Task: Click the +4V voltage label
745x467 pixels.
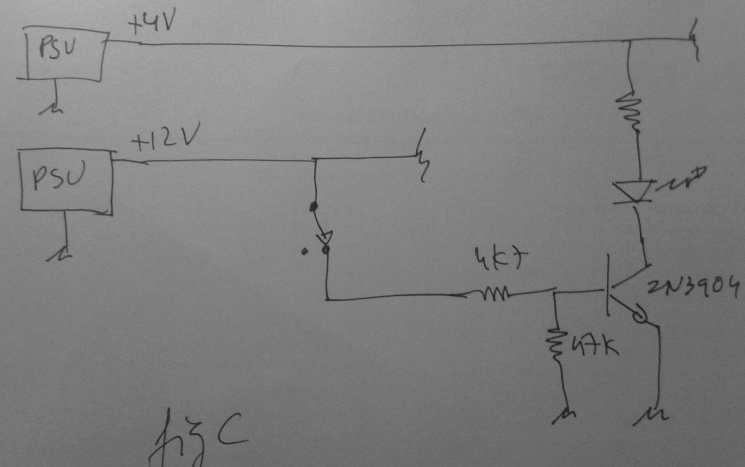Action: (152, 23)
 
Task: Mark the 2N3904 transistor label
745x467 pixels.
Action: (693, 285)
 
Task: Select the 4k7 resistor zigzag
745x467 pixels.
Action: (494, 293)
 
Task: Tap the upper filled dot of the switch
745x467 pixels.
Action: (314, 206)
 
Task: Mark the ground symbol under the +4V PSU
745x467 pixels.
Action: (52, 109)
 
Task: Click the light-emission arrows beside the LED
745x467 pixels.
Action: (682, 180)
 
